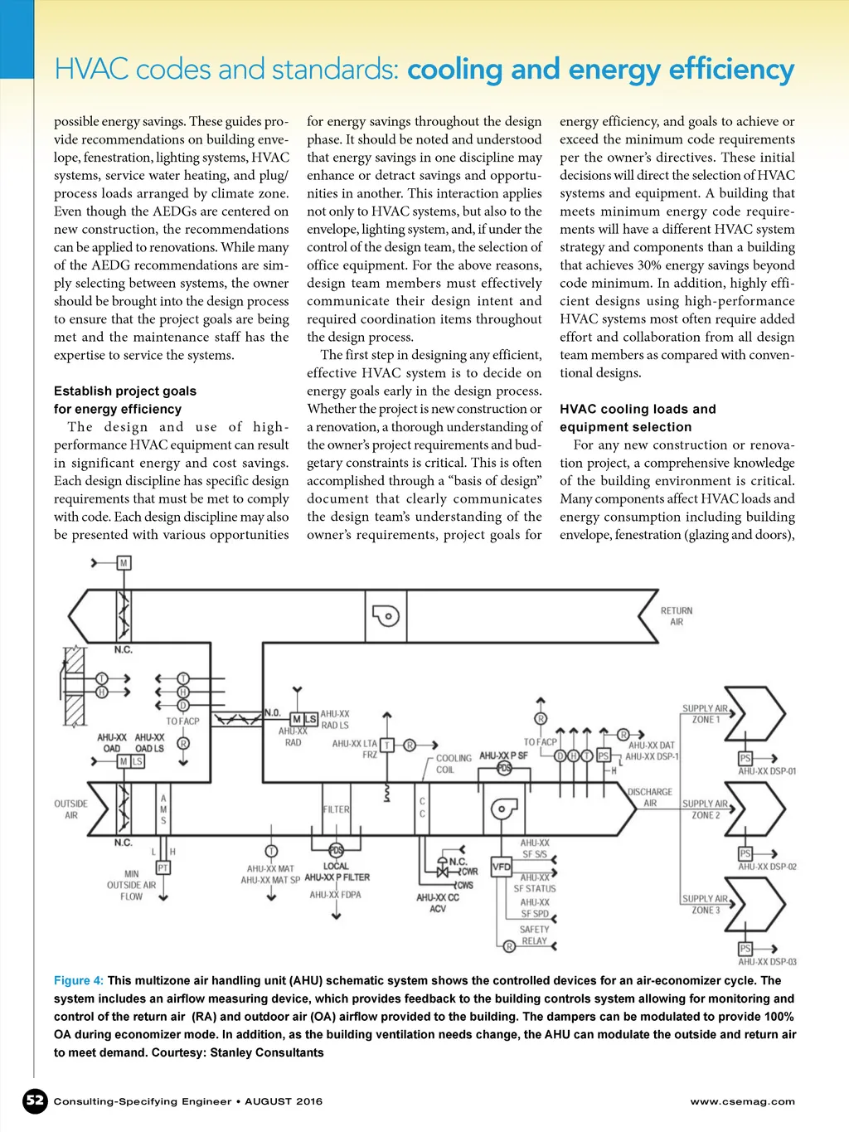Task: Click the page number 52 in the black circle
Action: pyautogui.click(x=35, y=1100)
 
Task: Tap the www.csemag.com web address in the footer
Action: pyautogui.click(x=742, y=1101)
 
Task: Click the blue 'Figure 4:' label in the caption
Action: pyautogui.click(x=79, y=980)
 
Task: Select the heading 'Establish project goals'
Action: pyautogui.click(x=125, y=391)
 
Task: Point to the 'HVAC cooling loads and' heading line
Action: pyautogui.click(x=638, y=409)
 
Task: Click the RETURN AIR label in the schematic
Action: pyautogui.click(x=676, y=616)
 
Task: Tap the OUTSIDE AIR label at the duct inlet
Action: pyautogui.click(x=70, y=809)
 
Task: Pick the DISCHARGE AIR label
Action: pyautogui.click(x=650, y=797)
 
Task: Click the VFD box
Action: pyautogui.click(x=502, y=867)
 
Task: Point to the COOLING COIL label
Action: pyautogui.click(x=453, y=764)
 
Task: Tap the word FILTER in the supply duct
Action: pyautogui.click(x=336, y=809)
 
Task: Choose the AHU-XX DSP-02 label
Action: pyautogui.click(x=767, y=867)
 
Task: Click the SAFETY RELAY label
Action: pyautogui.click(x=534, y=935)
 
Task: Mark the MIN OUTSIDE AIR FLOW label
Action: pyautogui.click(x=131, y=885)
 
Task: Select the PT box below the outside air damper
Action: pyautogui.click(x=163, y=867)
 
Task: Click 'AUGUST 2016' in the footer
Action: pyautogui.click(x=284, y=1101)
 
